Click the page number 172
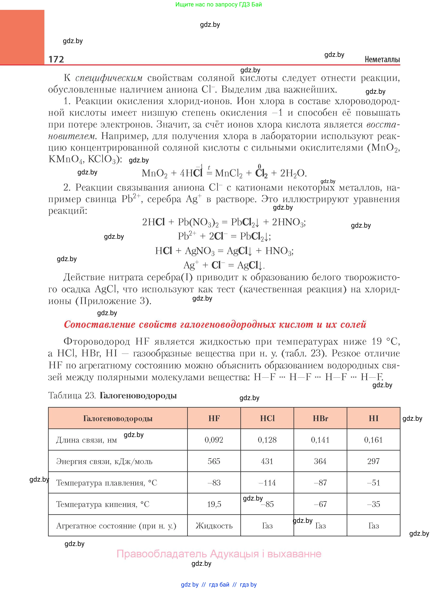(x=56, y=59)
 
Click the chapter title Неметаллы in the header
(x=382, y=59)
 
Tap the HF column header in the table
(x=214, y=418)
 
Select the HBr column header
(x=320, y=418)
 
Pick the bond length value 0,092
(x=214, y=440)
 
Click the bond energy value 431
(x=267, y=461)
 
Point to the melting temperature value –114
(x=267, y=483)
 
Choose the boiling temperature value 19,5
(x=214, y=504)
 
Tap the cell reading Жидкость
(x=214, y=526)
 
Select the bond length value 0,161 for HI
(x=373, y=440)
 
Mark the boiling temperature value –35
(x=373, y=504)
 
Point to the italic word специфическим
(x=109, y=78)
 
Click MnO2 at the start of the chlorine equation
(x=155, y=173)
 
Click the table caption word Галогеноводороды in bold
(x=138, y=396)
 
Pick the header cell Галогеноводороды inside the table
(x=118, y=418)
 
